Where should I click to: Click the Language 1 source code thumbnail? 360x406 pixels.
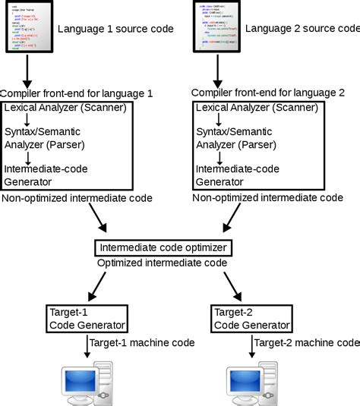pyautogui.click(x=30, y=27)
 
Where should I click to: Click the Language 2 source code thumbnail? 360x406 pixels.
pyautogui.click(x=219, y=27)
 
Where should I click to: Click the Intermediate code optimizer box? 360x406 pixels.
pyautogui.click(x=163, y=247)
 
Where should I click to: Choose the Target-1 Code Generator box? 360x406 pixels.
pyautogui.click(x=86, y=319)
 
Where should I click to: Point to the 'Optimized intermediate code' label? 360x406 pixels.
pyautogui.click(x=162, y=263)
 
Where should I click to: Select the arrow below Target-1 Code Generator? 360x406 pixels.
pyautogui.click(x=86, y=348)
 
